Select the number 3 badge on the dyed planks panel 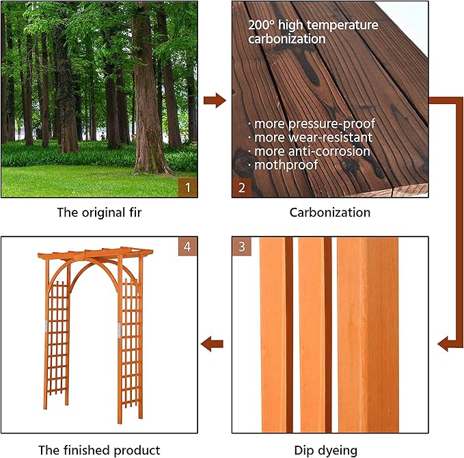[241, 247]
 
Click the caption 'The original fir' [100, 212]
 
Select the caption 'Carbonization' [330, 212]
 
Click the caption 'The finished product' [100, 450]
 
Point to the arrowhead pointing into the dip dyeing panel [446, 343]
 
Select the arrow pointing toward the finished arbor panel [213, 343]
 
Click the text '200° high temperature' [313, 25]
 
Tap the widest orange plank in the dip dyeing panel [368, 335]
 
